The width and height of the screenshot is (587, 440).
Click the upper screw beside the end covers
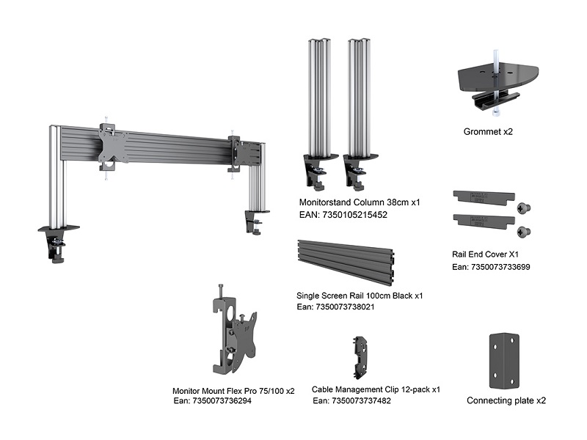(524, 208)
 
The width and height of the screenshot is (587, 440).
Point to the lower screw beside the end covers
(524, 232)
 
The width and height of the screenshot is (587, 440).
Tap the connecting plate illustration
(503, 361)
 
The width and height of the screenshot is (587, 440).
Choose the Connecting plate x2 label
(506, 401)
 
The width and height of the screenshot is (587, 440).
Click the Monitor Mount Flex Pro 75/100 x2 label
(233, 391)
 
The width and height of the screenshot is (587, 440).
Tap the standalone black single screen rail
(344, 261)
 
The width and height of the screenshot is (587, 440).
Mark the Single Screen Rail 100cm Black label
(360, 296)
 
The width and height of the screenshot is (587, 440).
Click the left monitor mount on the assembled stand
(113, 146)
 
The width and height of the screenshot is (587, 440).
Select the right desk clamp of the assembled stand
(256, 221)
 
